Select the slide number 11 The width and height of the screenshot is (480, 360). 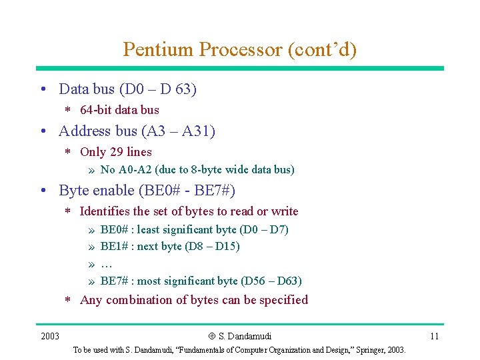point(434,336)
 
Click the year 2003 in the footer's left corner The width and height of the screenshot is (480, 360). point(50,336)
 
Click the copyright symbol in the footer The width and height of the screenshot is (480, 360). point(211,336)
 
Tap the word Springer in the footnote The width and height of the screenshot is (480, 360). point(361,350)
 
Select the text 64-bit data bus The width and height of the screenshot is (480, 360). point(119,110)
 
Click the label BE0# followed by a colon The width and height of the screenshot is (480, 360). point(115,229)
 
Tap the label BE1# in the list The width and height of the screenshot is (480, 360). point(115,247)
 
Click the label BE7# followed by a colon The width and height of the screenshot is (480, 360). point(115,281)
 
